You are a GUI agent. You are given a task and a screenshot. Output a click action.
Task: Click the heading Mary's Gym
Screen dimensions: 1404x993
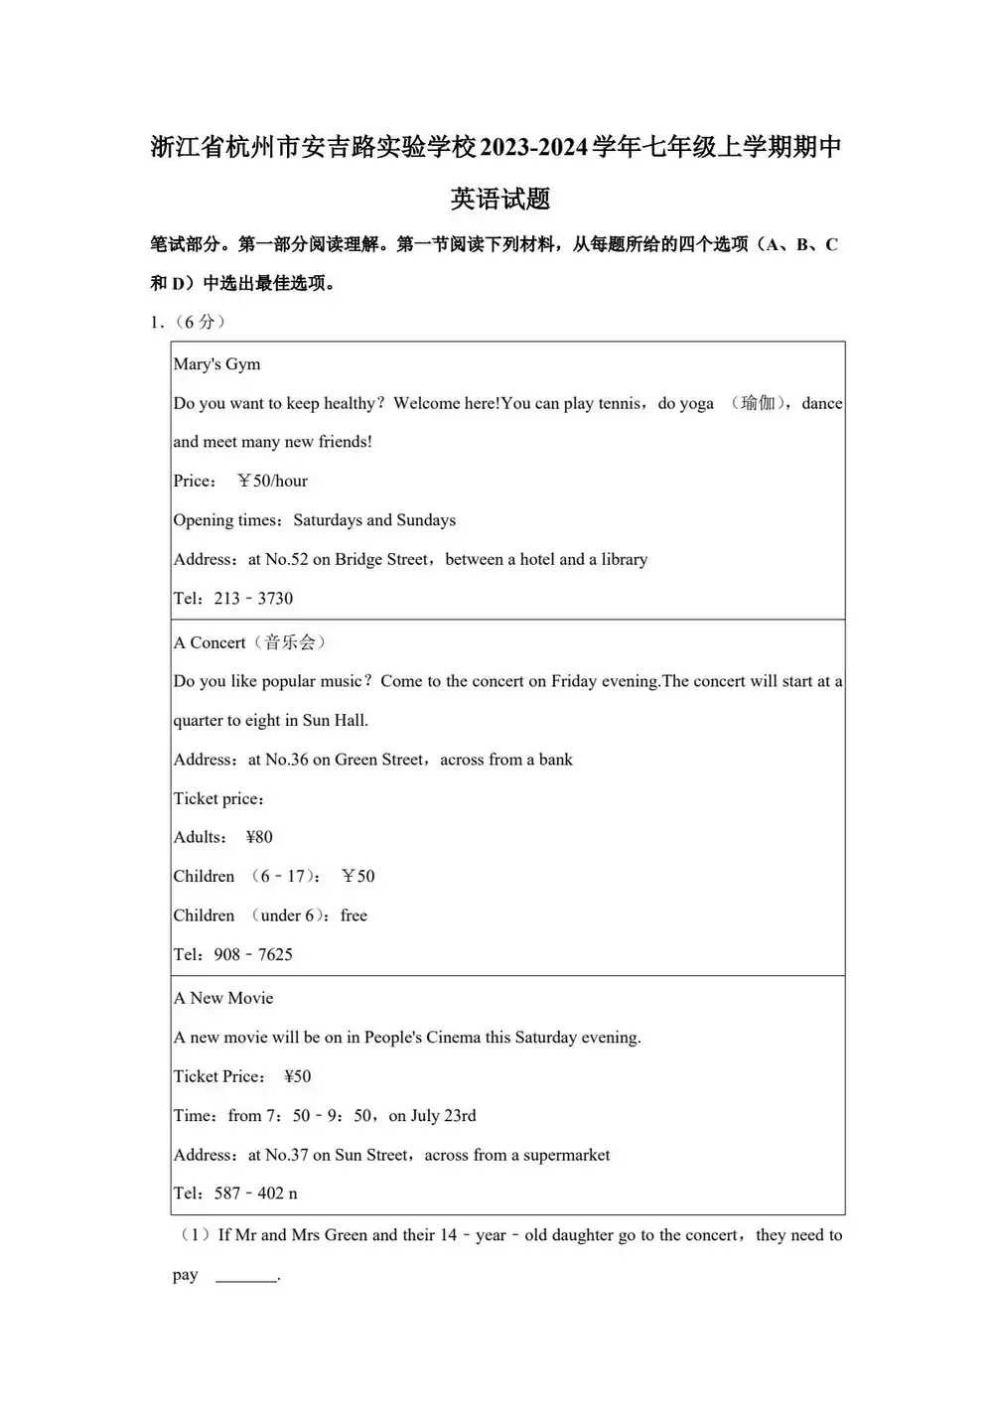(x=216, y=364)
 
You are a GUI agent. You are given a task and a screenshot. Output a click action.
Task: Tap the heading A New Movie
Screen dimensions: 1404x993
(x=223, y=998)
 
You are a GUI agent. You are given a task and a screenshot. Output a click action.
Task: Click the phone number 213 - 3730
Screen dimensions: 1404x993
(x=253, y=599)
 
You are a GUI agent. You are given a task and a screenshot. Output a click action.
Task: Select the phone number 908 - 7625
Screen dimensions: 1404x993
(x=253, y=955)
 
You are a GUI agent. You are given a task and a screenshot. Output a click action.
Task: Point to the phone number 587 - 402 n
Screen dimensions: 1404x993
(x=255, y=1193)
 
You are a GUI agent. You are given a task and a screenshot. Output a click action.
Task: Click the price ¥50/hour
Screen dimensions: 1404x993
(x=272, y=482)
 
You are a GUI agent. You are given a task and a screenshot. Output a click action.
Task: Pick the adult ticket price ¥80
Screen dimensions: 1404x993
(x=259, y=837)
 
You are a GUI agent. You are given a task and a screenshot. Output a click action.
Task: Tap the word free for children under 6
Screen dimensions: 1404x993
(x=354, y=915)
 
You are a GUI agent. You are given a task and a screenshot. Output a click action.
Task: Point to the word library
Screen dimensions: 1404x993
(x=624, y=560)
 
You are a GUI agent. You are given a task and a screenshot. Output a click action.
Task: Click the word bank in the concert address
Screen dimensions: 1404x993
(x=555, y=760)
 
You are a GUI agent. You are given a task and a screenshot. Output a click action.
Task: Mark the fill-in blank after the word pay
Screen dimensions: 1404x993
(x=246, y=1276)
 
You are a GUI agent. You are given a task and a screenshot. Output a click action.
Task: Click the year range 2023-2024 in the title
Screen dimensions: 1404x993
(x=534, y=148)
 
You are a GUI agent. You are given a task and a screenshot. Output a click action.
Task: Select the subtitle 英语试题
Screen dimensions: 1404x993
(x=500, y=200)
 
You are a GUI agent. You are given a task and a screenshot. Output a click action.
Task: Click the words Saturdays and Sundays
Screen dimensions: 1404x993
(x=374, y=520)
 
